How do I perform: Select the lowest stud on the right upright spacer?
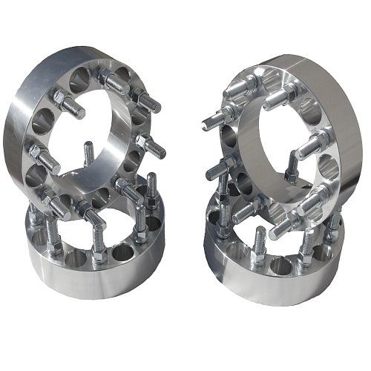(282, 226)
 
